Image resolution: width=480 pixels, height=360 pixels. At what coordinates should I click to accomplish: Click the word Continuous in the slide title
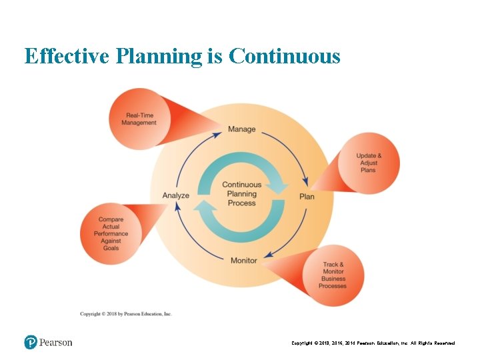[284, 56]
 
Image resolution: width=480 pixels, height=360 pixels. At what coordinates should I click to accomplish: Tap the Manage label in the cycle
[241, 129]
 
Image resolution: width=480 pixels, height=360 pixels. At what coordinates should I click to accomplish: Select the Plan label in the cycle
[307, 196]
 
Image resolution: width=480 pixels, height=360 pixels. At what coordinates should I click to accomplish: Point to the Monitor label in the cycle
[243, 260]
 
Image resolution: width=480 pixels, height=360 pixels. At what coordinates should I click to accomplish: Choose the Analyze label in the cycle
[176, 195]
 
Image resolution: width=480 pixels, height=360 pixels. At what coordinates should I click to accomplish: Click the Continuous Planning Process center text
[241, 194]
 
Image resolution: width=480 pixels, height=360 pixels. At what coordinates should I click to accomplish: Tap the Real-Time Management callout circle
[139, 119]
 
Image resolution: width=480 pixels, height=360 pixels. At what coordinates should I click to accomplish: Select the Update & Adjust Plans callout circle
[369, 163]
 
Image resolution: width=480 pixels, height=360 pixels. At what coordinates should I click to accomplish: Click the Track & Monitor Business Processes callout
[333, 275]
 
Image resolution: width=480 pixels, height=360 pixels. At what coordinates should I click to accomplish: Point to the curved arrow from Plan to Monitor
[290, 237]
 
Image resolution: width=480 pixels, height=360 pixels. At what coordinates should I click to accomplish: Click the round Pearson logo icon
[31, 342]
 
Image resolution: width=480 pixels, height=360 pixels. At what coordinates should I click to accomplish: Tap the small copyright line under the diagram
[126, 313]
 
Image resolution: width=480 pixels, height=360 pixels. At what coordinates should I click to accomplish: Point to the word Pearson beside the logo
[56, 343]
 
